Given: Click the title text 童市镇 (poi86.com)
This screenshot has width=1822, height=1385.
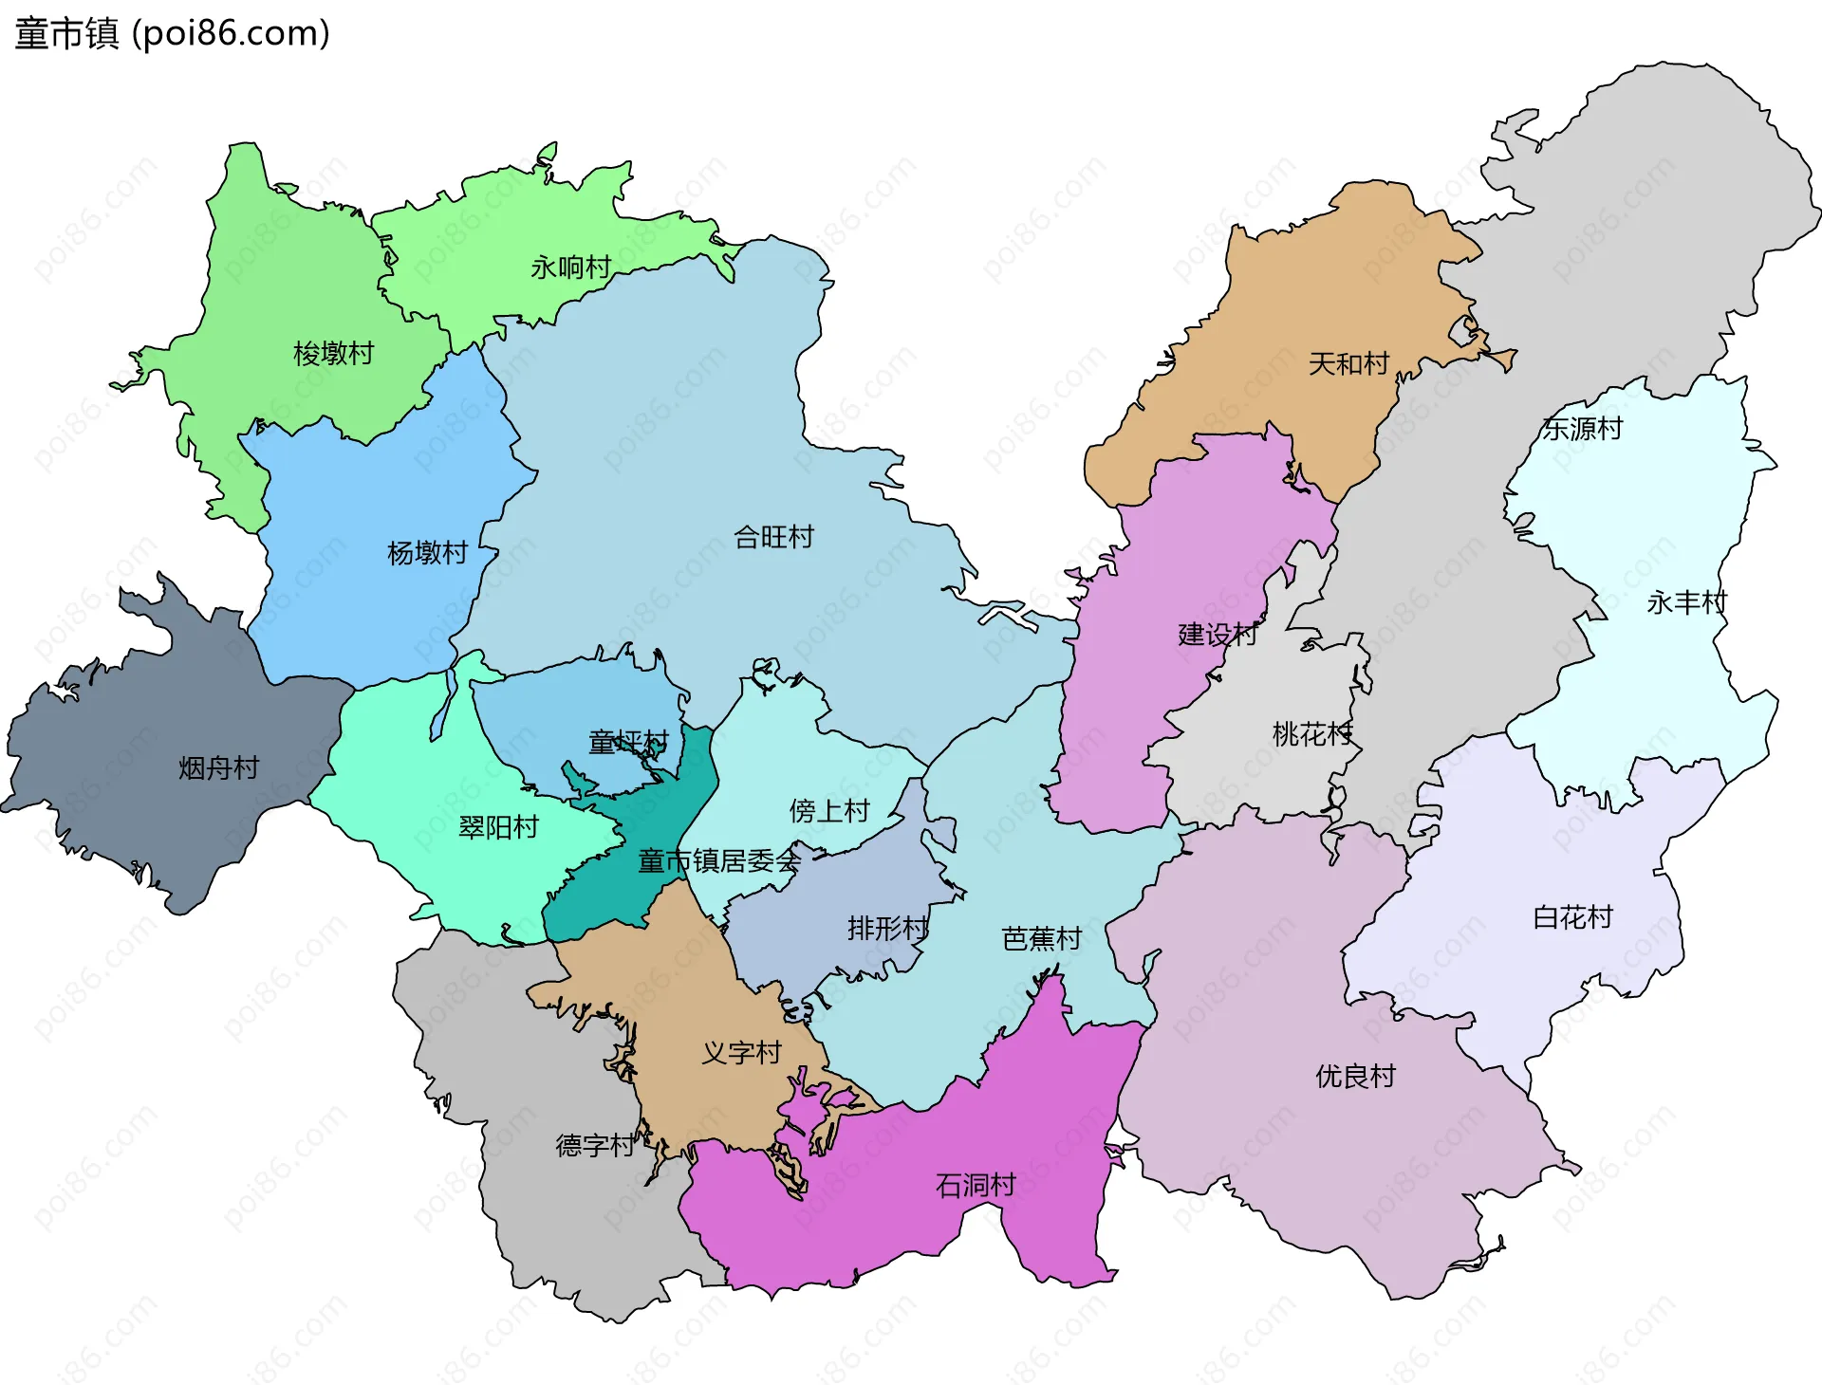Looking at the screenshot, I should (173, 34).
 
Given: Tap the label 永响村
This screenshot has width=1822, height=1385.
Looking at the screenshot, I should (570, 268).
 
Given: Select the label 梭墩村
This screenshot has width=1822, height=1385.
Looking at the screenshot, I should (333, 354).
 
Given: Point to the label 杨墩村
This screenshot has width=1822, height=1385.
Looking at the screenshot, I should (427, 553).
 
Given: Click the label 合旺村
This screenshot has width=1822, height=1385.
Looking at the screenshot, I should (773, 538).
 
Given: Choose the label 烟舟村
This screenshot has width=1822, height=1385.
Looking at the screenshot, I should (218, 768).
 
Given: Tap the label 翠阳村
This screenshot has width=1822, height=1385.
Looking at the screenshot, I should (498, 828).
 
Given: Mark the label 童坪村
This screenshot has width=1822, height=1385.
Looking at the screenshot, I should (628, 742).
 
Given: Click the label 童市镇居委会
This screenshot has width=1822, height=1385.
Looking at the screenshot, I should (719, 861).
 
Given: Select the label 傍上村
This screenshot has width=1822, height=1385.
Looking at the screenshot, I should (829, 811).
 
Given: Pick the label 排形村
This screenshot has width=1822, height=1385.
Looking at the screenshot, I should (887, 928).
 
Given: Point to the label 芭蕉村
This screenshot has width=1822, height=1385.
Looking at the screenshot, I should (1042, 939).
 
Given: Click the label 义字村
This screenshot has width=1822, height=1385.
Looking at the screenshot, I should (741, 1053).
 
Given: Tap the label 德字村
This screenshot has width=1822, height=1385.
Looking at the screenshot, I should (595, 1146).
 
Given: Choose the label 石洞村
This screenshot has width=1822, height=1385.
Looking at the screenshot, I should (976, 1186).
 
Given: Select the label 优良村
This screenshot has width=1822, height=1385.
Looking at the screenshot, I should (1355, 1077).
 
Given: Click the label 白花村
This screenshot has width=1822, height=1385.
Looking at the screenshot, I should (1572, 917).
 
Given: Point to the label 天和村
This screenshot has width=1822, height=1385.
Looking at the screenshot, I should (1348, 363).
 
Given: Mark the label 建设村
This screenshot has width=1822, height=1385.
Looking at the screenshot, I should (1218, 635).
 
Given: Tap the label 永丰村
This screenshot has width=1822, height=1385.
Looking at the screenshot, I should (1686, 602).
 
